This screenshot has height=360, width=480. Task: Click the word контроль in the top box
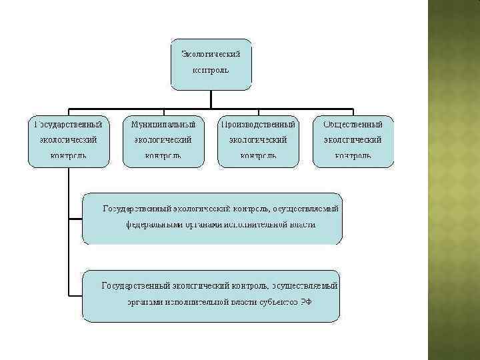click(211, 69)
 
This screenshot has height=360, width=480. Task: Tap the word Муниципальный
click(163, 124)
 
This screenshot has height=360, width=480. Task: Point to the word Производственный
click(258, 124)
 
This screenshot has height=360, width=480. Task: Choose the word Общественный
click(353, 124)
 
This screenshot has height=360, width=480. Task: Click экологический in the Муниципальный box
click(163, 140)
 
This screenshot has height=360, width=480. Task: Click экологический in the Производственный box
click(258, 140)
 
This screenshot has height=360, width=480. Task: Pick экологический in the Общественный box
click(353, 140)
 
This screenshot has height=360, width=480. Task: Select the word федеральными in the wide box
click(156, 225)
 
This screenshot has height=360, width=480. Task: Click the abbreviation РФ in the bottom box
click(305, 301)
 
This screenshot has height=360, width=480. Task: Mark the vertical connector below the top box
click(211, 99)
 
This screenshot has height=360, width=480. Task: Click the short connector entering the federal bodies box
click(75, 218)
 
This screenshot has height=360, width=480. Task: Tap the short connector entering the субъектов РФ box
click(75, 295)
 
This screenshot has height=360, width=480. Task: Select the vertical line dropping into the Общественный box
click(353, 112)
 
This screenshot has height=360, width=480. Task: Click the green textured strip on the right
click(453, 180)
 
